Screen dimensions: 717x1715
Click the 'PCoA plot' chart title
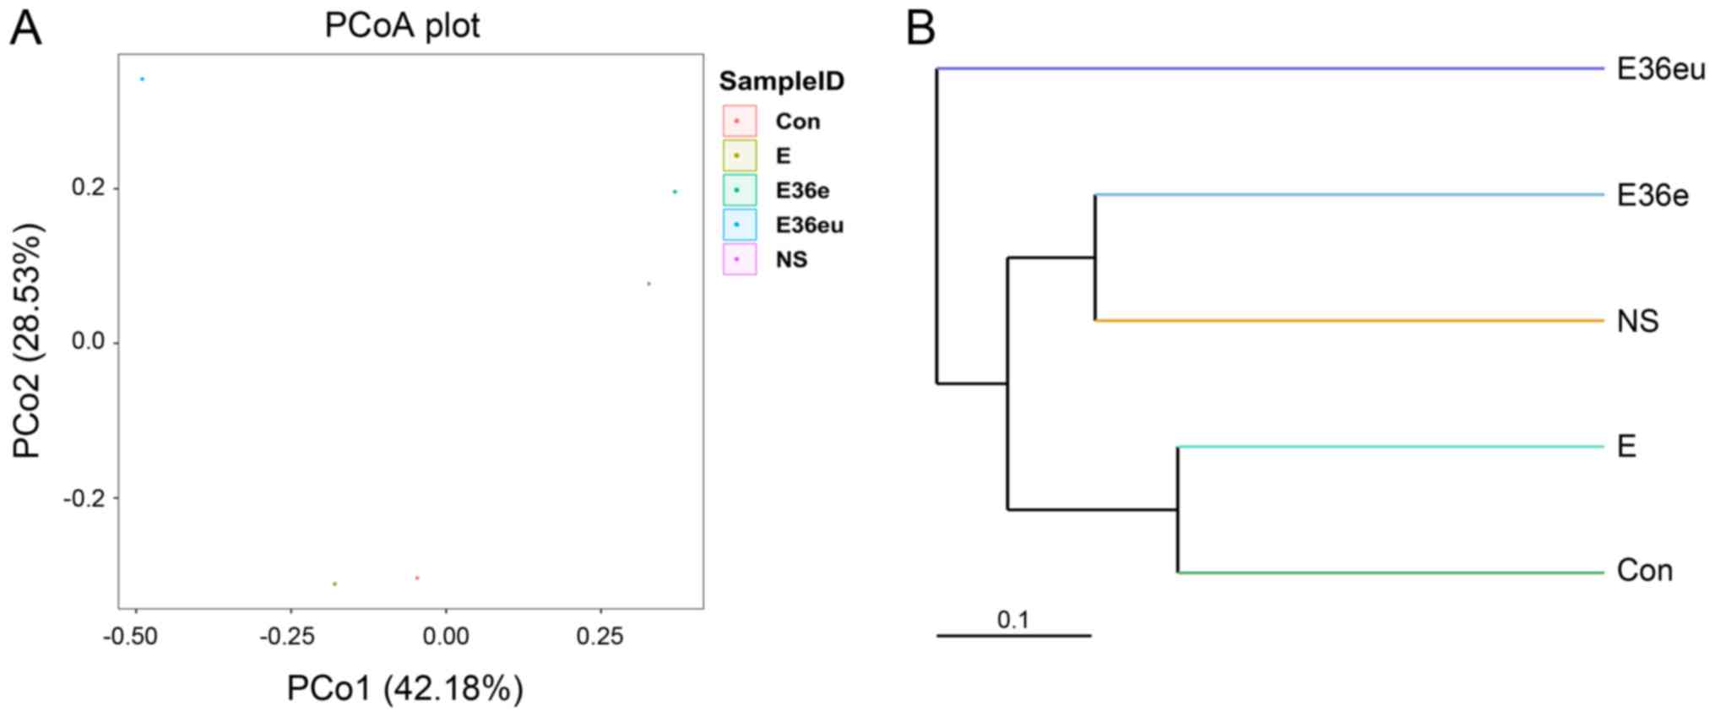402,26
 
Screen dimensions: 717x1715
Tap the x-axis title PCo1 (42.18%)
404,689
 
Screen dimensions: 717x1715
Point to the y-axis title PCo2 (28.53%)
28,340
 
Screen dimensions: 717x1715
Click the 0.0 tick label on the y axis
90,343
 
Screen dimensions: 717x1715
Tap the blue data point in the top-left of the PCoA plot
143,79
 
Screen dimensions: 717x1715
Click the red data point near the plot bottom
417,578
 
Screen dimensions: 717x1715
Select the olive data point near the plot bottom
334,584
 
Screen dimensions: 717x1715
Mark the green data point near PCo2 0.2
675,192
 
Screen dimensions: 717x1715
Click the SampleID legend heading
781,82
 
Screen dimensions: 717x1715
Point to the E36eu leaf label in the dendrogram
1660,69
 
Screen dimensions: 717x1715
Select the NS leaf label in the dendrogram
1637,322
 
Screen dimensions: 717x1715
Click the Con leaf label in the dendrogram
1644,571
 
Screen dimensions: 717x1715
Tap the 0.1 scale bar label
1013,621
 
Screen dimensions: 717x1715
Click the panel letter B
920,29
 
